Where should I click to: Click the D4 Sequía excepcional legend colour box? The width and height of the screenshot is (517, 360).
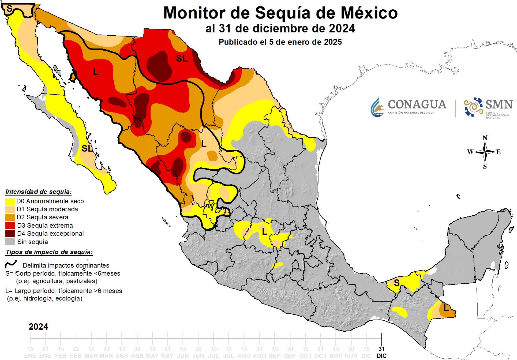[10, 233]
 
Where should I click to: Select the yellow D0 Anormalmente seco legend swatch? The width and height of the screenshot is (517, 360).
[10, 201]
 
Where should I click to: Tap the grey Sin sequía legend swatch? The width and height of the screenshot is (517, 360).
[10, 242]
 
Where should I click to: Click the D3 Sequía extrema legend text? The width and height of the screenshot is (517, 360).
[45, 226]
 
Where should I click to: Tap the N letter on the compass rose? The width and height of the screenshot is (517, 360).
[485, 138]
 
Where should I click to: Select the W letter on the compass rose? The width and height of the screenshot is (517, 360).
[470, 152]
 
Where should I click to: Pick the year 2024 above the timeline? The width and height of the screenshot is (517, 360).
[39, 327]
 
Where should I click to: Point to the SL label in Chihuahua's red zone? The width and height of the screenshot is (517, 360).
[182, 58]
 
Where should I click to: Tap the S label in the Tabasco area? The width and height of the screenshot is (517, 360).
[397, 283]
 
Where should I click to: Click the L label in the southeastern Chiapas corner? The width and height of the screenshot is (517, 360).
[446, 308]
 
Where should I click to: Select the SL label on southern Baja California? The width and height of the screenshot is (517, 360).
[87, 148]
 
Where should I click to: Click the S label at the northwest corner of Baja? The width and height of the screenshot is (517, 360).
[10, 9]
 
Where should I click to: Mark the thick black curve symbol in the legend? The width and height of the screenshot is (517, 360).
[11, 264]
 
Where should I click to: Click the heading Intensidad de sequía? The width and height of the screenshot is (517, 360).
[39, 192]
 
